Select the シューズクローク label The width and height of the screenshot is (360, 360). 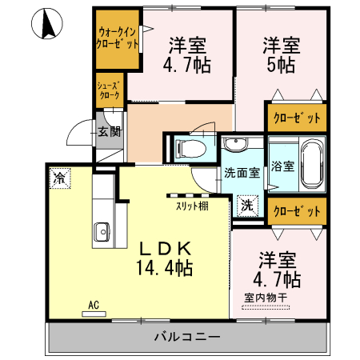(x=108, y=90)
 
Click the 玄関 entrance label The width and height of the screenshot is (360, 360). (x=109, y=131)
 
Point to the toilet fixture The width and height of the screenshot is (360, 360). (x=188, y=148)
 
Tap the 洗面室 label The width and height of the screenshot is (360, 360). (x=241, y=171)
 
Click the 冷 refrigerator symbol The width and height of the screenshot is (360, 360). (x=59, y=178)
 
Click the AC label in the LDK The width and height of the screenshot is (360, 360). (x=94, y=305)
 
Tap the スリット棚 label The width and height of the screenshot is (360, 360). (x=191, y=206)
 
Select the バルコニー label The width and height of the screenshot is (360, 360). (x=186, y=337)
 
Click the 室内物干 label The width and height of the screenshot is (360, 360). (x=266, y=298)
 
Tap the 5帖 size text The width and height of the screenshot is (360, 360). (x=281, y=64)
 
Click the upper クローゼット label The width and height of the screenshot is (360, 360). (x=296, y=118)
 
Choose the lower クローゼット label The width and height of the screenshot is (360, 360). (x=296, y=211)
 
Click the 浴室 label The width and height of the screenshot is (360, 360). (x=282, y=166)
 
